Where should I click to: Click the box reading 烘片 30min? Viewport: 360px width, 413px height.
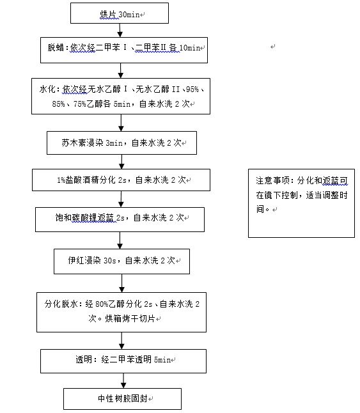click(x=120, y=13)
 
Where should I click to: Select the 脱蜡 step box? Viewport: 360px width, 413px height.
click(x=124, y=50)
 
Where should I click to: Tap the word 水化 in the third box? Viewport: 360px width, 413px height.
click(x=48, y=90)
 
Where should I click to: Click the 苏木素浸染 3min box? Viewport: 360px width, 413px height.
click(x=121, y=143)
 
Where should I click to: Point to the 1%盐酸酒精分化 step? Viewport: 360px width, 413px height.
click(x=121, y=180)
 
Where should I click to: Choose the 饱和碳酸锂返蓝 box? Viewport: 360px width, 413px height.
click(x=120, y=219)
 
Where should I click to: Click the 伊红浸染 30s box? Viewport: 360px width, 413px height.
click(x=121, y=261)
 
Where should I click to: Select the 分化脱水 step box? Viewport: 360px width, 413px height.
click(x=121, y=312)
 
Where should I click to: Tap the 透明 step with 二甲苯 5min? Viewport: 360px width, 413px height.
click(x=123, y=361)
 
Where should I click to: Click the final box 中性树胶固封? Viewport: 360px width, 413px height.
click(x=123, y=399)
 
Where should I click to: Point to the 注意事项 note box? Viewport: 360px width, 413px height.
click(x=302, y=203)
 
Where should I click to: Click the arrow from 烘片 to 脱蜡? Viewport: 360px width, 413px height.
click(x=120, y=30)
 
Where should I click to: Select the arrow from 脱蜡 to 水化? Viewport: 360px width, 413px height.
click(x=121, y=70)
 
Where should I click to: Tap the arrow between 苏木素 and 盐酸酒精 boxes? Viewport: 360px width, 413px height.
click(x=121, y=162)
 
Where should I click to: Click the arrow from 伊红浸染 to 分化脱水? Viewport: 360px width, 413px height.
click(x=121, y=283)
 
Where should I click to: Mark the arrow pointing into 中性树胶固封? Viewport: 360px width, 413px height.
click(x=123, y=380)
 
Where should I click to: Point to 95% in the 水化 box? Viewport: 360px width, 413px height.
click(x=192, y=90)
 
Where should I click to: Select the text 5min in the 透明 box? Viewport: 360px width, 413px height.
click(x=162, y=359)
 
